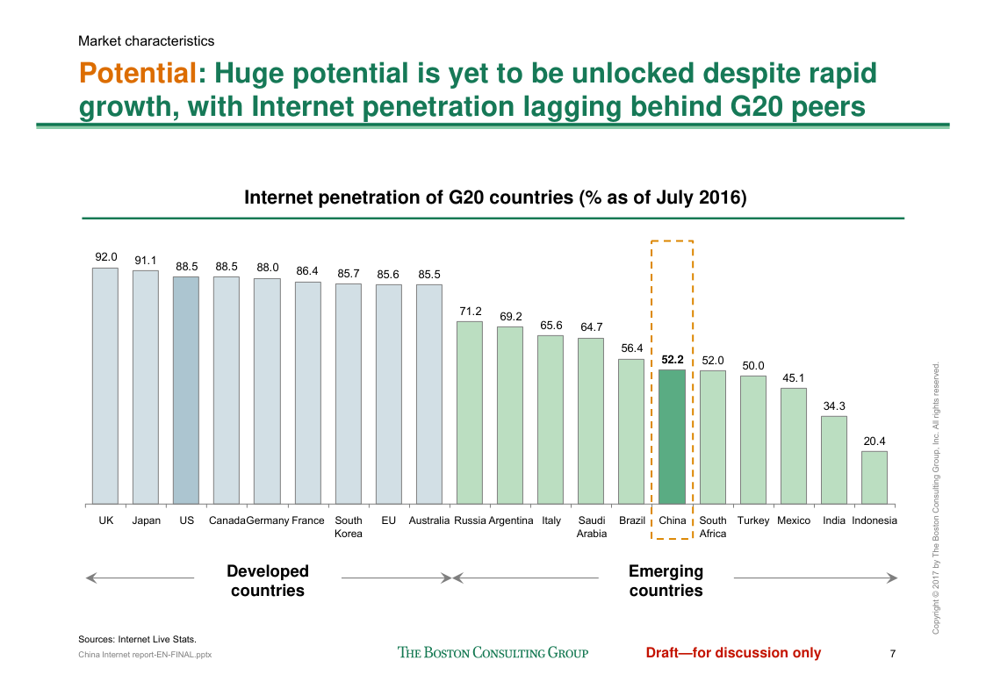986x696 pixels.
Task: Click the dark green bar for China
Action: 672,436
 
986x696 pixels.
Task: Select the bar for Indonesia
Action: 874,477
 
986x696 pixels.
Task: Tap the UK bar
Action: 105,386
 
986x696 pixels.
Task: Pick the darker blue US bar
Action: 186,391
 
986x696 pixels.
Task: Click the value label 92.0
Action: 106,257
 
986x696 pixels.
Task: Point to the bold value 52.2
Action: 673,359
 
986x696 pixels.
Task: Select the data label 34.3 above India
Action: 834,406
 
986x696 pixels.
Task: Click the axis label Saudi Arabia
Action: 591,527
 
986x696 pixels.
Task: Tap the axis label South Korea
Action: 349,527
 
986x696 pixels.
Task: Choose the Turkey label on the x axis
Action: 753,520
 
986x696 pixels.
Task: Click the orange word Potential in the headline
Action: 135,73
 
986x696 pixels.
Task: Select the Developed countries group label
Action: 268,581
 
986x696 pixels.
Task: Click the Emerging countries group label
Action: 666,581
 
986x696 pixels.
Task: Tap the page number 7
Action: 893,653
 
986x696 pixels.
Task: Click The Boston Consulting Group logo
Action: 493,653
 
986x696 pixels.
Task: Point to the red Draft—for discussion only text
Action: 733,653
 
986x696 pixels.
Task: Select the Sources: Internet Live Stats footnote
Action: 137,639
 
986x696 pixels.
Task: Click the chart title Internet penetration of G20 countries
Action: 495,197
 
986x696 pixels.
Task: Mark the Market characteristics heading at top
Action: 146,41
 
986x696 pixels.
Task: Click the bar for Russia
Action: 470,413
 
